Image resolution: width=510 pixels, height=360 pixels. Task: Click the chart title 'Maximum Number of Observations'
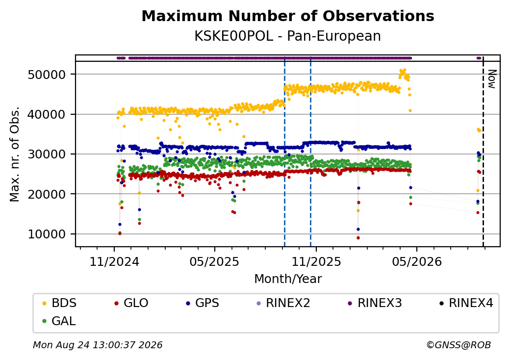pyautogui.click(x=288, y=16)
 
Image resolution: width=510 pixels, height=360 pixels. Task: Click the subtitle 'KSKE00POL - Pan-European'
pyautogui.click(x=287, y=36)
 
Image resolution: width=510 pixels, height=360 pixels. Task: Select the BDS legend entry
pyautogui.click(x=59, y=303)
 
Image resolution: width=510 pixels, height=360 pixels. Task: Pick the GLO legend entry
pyautogui.click(x=131, y=303)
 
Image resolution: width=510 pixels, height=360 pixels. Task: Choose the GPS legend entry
pyautogui.click(x=203, y=303)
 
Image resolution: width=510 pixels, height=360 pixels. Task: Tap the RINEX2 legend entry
pyautogui.click(x=283, y=303)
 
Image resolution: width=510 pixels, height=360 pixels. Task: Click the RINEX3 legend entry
pyautogui.click(x=375, y=303)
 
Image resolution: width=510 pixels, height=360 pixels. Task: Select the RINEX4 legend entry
pyautogui.click(x=466, y=303)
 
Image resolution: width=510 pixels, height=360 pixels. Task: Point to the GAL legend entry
pyautogui.click(x=59, y=321)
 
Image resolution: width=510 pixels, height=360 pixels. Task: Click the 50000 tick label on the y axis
pyautogui.click(x=47, y=75)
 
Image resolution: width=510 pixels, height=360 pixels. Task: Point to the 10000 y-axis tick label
pyautogui.click(x=47, y=234)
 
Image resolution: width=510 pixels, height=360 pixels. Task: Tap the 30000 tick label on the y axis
pyautogui.click(x=47, y=154)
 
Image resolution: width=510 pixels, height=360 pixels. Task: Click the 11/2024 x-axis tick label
pyautogui.click(x=114, y=261)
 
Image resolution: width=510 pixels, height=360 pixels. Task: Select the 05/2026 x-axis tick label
pyautogui.click(x=417, y=261)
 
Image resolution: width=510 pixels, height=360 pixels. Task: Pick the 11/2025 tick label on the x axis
pyautogui.click(x=316, y=261)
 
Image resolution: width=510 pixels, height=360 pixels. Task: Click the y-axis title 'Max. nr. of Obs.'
pyautogui.click(x=15, y=154)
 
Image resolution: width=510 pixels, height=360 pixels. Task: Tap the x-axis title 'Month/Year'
pyautogui.click(x=288, y=279)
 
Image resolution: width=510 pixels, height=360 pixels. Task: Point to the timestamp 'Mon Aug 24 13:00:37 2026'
pyautogui.click(x=98, y=345)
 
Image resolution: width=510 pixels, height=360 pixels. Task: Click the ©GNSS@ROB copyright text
pyautogui.click(x=459, y=345)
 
